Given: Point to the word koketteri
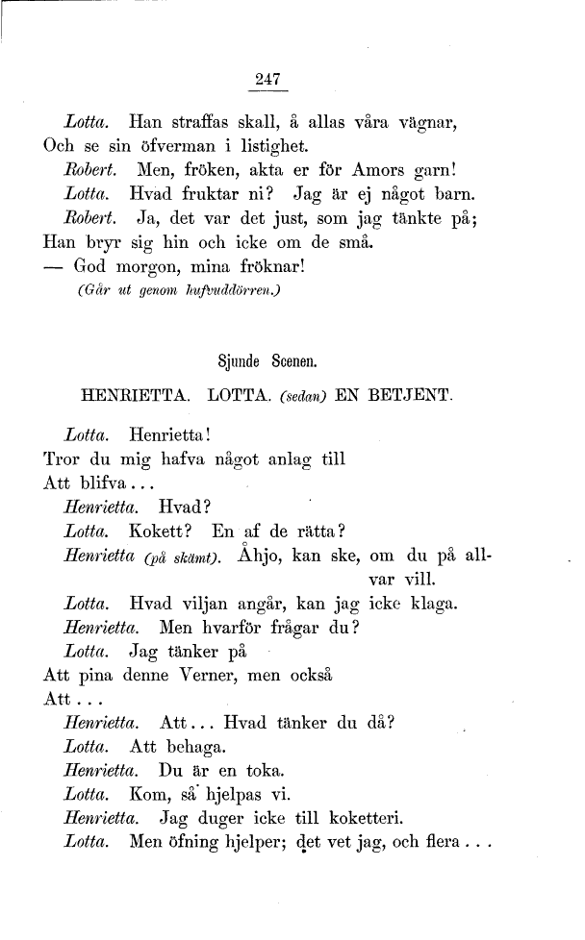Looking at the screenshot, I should (x=365, y=820).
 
